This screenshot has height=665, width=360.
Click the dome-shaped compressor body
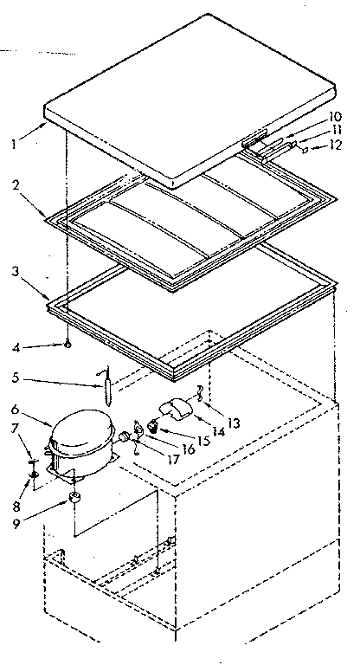pyautogui.click(x=81, y=438)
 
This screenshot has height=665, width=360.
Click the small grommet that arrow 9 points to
pyautogui.click(x=75, y=499)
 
